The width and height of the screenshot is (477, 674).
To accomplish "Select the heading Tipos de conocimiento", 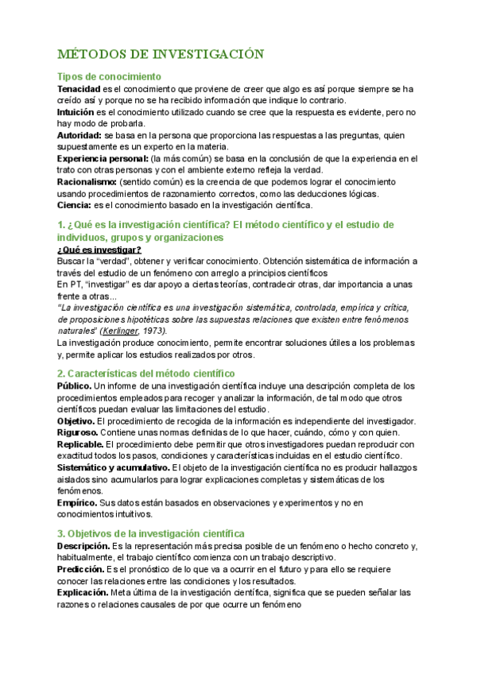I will tap(108, 76).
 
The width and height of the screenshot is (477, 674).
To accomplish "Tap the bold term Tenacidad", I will tap(79, 89).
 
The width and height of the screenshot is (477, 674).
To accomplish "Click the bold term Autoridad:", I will tap(79, 135).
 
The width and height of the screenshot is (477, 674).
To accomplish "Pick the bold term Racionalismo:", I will tap(87, 182).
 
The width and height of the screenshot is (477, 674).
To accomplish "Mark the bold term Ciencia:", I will tap(74, 205).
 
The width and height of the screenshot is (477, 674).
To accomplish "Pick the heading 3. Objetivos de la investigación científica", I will tap(151, 533).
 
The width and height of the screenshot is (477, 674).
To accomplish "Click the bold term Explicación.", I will tap(83, 592).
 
